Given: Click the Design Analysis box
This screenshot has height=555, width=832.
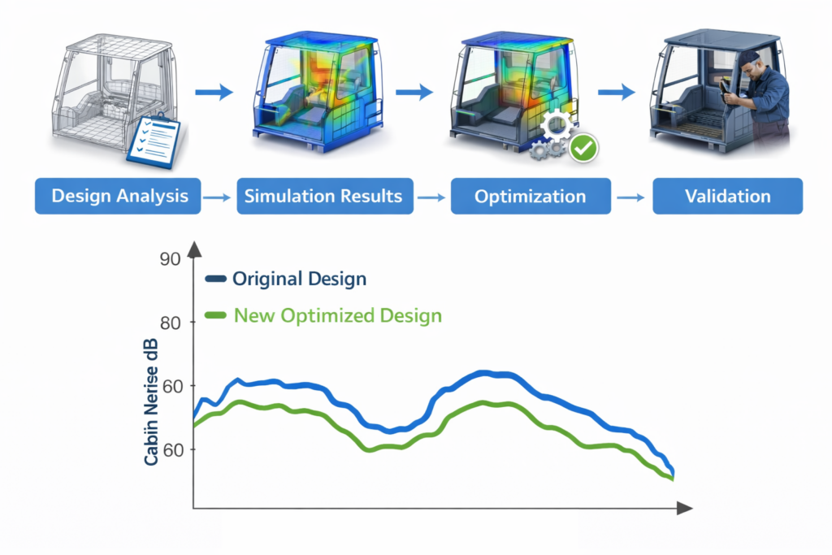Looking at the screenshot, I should (x=119, y=197).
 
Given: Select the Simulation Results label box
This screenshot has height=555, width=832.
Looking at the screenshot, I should (x=323, y=197).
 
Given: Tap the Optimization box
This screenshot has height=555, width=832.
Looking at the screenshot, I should (x=530, y=197).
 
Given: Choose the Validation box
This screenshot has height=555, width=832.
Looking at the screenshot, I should (x=727, y=197).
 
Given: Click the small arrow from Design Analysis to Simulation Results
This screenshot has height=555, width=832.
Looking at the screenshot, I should (x=215, y=197).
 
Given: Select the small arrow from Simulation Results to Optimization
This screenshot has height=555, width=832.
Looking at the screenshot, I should (x=427, y=197).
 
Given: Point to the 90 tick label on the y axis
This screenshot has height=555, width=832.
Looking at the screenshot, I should (x=170, y=260).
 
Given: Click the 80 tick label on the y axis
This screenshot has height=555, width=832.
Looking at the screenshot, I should (x=170, y=323).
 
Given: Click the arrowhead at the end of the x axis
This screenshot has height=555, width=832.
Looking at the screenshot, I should (x=683, y=509).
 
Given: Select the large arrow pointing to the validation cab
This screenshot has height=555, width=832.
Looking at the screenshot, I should (x=622, y=93).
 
